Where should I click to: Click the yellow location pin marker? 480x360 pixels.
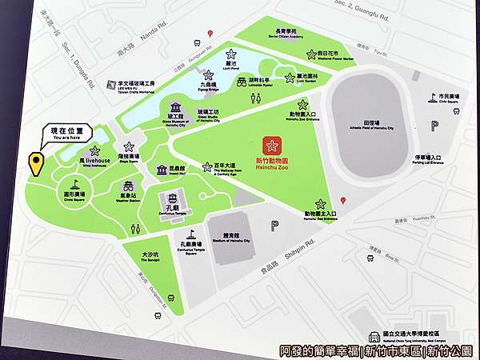[x=35, y=163]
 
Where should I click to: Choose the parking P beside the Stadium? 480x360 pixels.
[x=274, y=226]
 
